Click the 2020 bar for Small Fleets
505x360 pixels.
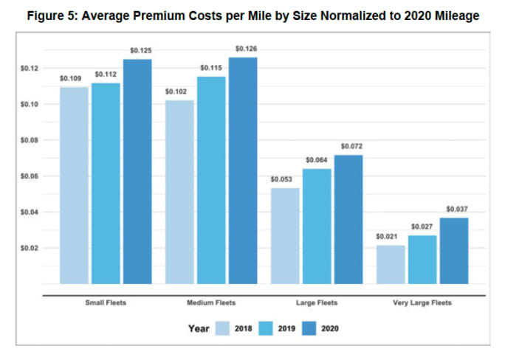point(137,171)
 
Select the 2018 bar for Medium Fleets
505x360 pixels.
point(179,192)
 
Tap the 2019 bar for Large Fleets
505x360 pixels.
point(317,226)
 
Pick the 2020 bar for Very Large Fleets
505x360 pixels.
point(454,250)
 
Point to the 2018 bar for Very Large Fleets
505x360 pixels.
point(391,264)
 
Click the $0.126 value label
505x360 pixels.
point(246,49)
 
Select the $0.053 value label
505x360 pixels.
point(281,179)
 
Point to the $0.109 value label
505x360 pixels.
point(71,78)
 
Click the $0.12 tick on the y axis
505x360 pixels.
point(30,69)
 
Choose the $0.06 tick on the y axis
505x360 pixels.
point(30,176)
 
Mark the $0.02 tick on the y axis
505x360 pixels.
point(30,248)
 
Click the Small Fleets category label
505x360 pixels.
point(106,302)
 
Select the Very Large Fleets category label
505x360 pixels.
point(422,302)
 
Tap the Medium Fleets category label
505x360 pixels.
point(211,302)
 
